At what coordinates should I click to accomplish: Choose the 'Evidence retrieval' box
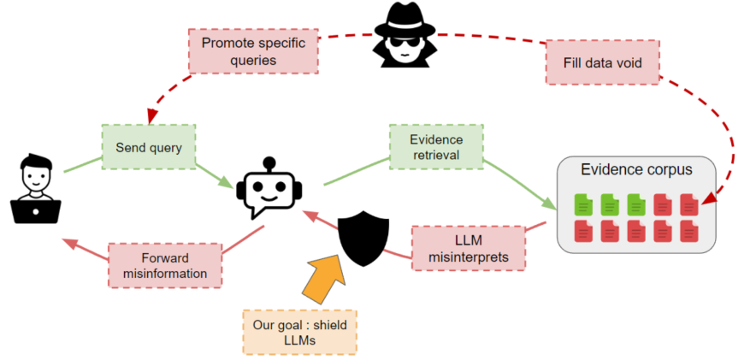point(435,147)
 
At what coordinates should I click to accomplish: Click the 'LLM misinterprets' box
point(468,247)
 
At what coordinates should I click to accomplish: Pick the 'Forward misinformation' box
point(164,265)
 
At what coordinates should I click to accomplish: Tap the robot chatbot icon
point(269,191)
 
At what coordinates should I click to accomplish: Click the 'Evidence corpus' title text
point(636,169)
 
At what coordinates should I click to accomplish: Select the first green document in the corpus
point(582,205)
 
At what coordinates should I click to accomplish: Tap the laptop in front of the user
point(36,209)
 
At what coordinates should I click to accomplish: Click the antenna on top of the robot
point(269,162)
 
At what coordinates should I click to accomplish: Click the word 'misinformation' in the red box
point(164,274)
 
